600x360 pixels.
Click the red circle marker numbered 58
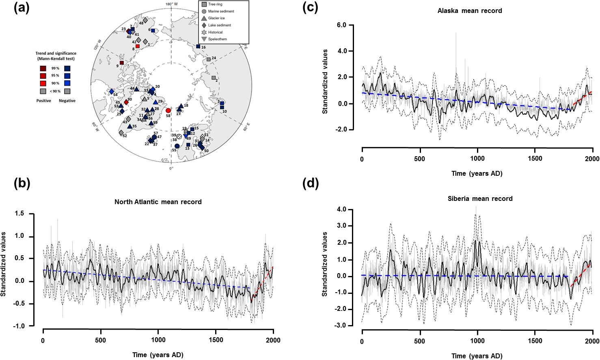tap(168, 110)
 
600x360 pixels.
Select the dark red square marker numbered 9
tap(121, 63)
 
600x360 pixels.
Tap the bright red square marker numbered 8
tap(138, 46)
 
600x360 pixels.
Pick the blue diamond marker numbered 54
tap(112, 92)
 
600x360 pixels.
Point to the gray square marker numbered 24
tap(209, 59)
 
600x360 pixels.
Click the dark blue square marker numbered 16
tap(198, 46)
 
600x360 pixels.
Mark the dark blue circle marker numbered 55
tap(177, 146)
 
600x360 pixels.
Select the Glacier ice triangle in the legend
tap(204, 18)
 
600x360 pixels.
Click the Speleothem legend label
tap(218, 39)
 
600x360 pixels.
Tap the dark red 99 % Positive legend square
tap(43, 68)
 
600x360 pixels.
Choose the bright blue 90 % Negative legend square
tap(67, 83)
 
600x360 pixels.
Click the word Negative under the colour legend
tap(67, 101)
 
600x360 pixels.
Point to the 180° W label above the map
tap(171, 4)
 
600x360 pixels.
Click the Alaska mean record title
tap(470, 11)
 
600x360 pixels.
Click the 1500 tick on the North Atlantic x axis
tap(216, 340)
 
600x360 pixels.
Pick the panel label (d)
tap(311, 183)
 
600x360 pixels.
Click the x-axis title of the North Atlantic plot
tap(158, 355)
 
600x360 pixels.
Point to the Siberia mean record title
tap(480, 198)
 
